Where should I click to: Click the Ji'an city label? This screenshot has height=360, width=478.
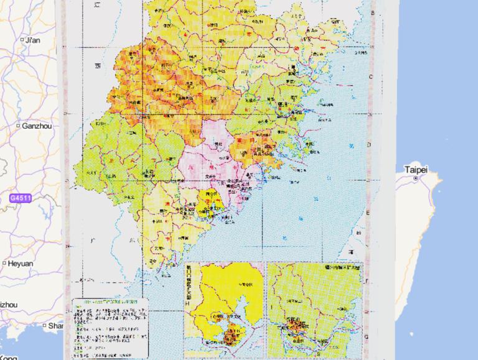(x=32, y=40)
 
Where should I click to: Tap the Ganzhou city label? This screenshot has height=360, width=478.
(x=36, y=126)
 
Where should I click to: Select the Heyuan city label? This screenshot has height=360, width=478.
(x=21, y=263)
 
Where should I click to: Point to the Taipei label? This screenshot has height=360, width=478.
(x=416, y=169)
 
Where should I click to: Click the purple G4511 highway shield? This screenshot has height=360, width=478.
(x=20, y=198)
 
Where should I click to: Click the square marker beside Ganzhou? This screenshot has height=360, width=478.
(x=19, y=126)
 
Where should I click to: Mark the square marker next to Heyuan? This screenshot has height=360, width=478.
(x=4, y=263)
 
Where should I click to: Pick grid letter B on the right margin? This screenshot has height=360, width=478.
(x=373, y=12)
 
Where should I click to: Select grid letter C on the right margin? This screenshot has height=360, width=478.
(x=373, y=76)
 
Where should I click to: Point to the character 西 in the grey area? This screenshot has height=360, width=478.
(x=98, y=65)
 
